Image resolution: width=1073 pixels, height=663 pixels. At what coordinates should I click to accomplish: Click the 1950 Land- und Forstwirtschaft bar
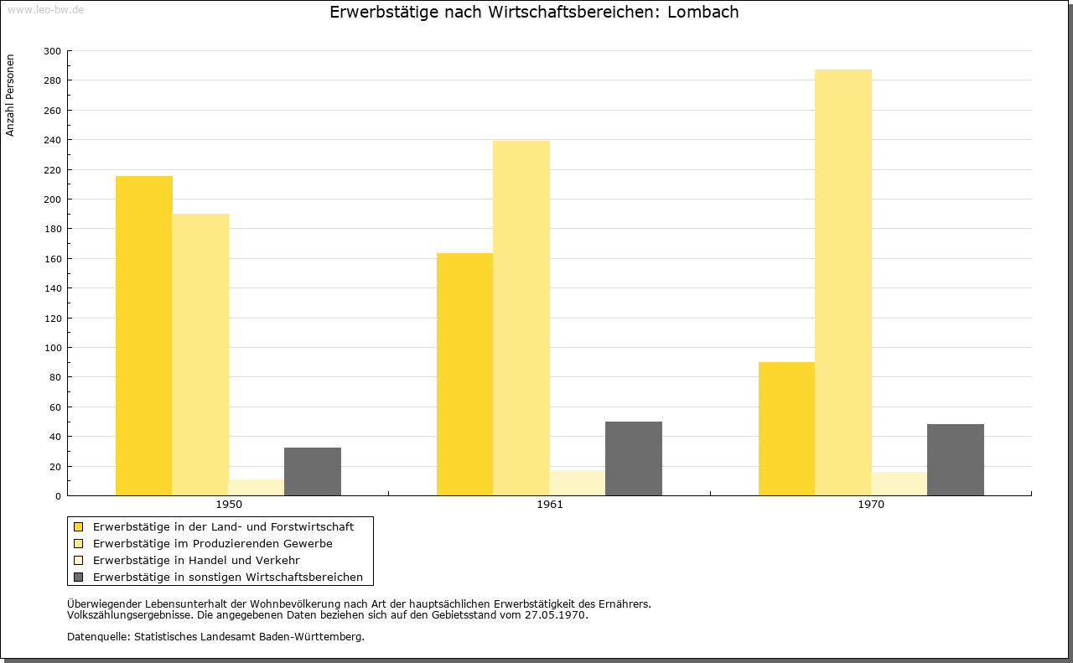(143, 336)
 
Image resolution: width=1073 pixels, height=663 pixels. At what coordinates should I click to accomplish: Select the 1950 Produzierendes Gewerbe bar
(200, 355)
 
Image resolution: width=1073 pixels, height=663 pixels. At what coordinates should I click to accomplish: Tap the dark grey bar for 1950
(313, 471)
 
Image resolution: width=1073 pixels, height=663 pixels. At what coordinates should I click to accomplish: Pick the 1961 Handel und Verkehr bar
(578, 483)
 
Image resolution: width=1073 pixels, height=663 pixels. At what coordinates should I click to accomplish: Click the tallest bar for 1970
(843, 282)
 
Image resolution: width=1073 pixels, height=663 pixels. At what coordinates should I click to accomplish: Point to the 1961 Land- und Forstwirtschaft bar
(464, 374)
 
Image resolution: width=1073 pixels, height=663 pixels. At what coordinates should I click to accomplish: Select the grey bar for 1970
(955, 460)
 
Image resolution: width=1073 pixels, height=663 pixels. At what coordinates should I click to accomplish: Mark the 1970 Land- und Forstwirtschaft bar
(786, 429)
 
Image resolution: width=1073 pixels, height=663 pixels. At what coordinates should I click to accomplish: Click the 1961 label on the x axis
(550, 505)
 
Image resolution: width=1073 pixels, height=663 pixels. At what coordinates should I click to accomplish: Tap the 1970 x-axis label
(871, 505)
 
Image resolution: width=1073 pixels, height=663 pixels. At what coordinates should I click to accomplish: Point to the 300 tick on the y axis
(52, 51)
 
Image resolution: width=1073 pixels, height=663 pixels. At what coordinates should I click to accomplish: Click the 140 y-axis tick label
(52, 288)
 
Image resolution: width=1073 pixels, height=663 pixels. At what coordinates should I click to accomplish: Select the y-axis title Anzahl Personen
(10, 96)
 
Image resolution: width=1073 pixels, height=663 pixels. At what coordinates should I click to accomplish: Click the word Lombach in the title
(702, 12)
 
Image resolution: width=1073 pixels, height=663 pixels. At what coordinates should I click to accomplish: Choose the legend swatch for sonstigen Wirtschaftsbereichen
(78, 578)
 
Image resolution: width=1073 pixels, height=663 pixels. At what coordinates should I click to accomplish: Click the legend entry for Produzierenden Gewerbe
(213, 544)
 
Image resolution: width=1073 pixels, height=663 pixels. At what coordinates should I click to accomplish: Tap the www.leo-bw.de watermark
(45, 10)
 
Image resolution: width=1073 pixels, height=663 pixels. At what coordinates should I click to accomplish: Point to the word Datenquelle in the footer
(97, 637)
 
